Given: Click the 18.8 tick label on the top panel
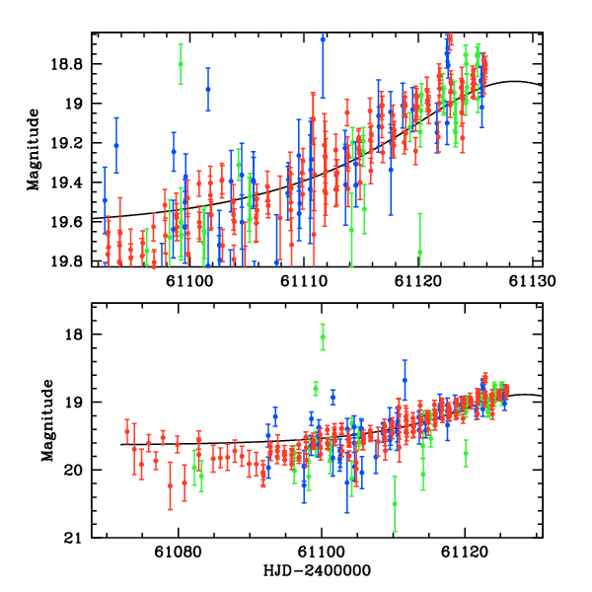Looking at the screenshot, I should tap(72, 64).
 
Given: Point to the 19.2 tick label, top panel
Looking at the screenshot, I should tap(72, 143).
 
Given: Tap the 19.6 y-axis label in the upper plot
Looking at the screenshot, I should tap(72, 222).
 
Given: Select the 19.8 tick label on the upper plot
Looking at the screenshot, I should tap(72, 261).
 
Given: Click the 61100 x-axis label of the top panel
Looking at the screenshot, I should tap(188, 281).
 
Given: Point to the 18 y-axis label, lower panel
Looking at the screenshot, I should tap(80, 334).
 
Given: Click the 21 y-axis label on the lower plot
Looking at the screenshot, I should tap(80, 538).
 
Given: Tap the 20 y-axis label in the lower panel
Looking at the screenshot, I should tap(80, 470).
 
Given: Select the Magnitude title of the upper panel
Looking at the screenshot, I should tap(34, 149).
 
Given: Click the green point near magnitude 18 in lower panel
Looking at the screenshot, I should tap(322, 337).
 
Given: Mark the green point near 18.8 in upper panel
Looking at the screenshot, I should tap(181, 63).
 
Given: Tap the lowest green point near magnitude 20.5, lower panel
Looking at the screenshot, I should tap(395, 503).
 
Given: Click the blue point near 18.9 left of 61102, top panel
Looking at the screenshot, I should tap(208, 89).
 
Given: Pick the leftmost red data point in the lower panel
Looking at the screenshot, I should tap(127, 431).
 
